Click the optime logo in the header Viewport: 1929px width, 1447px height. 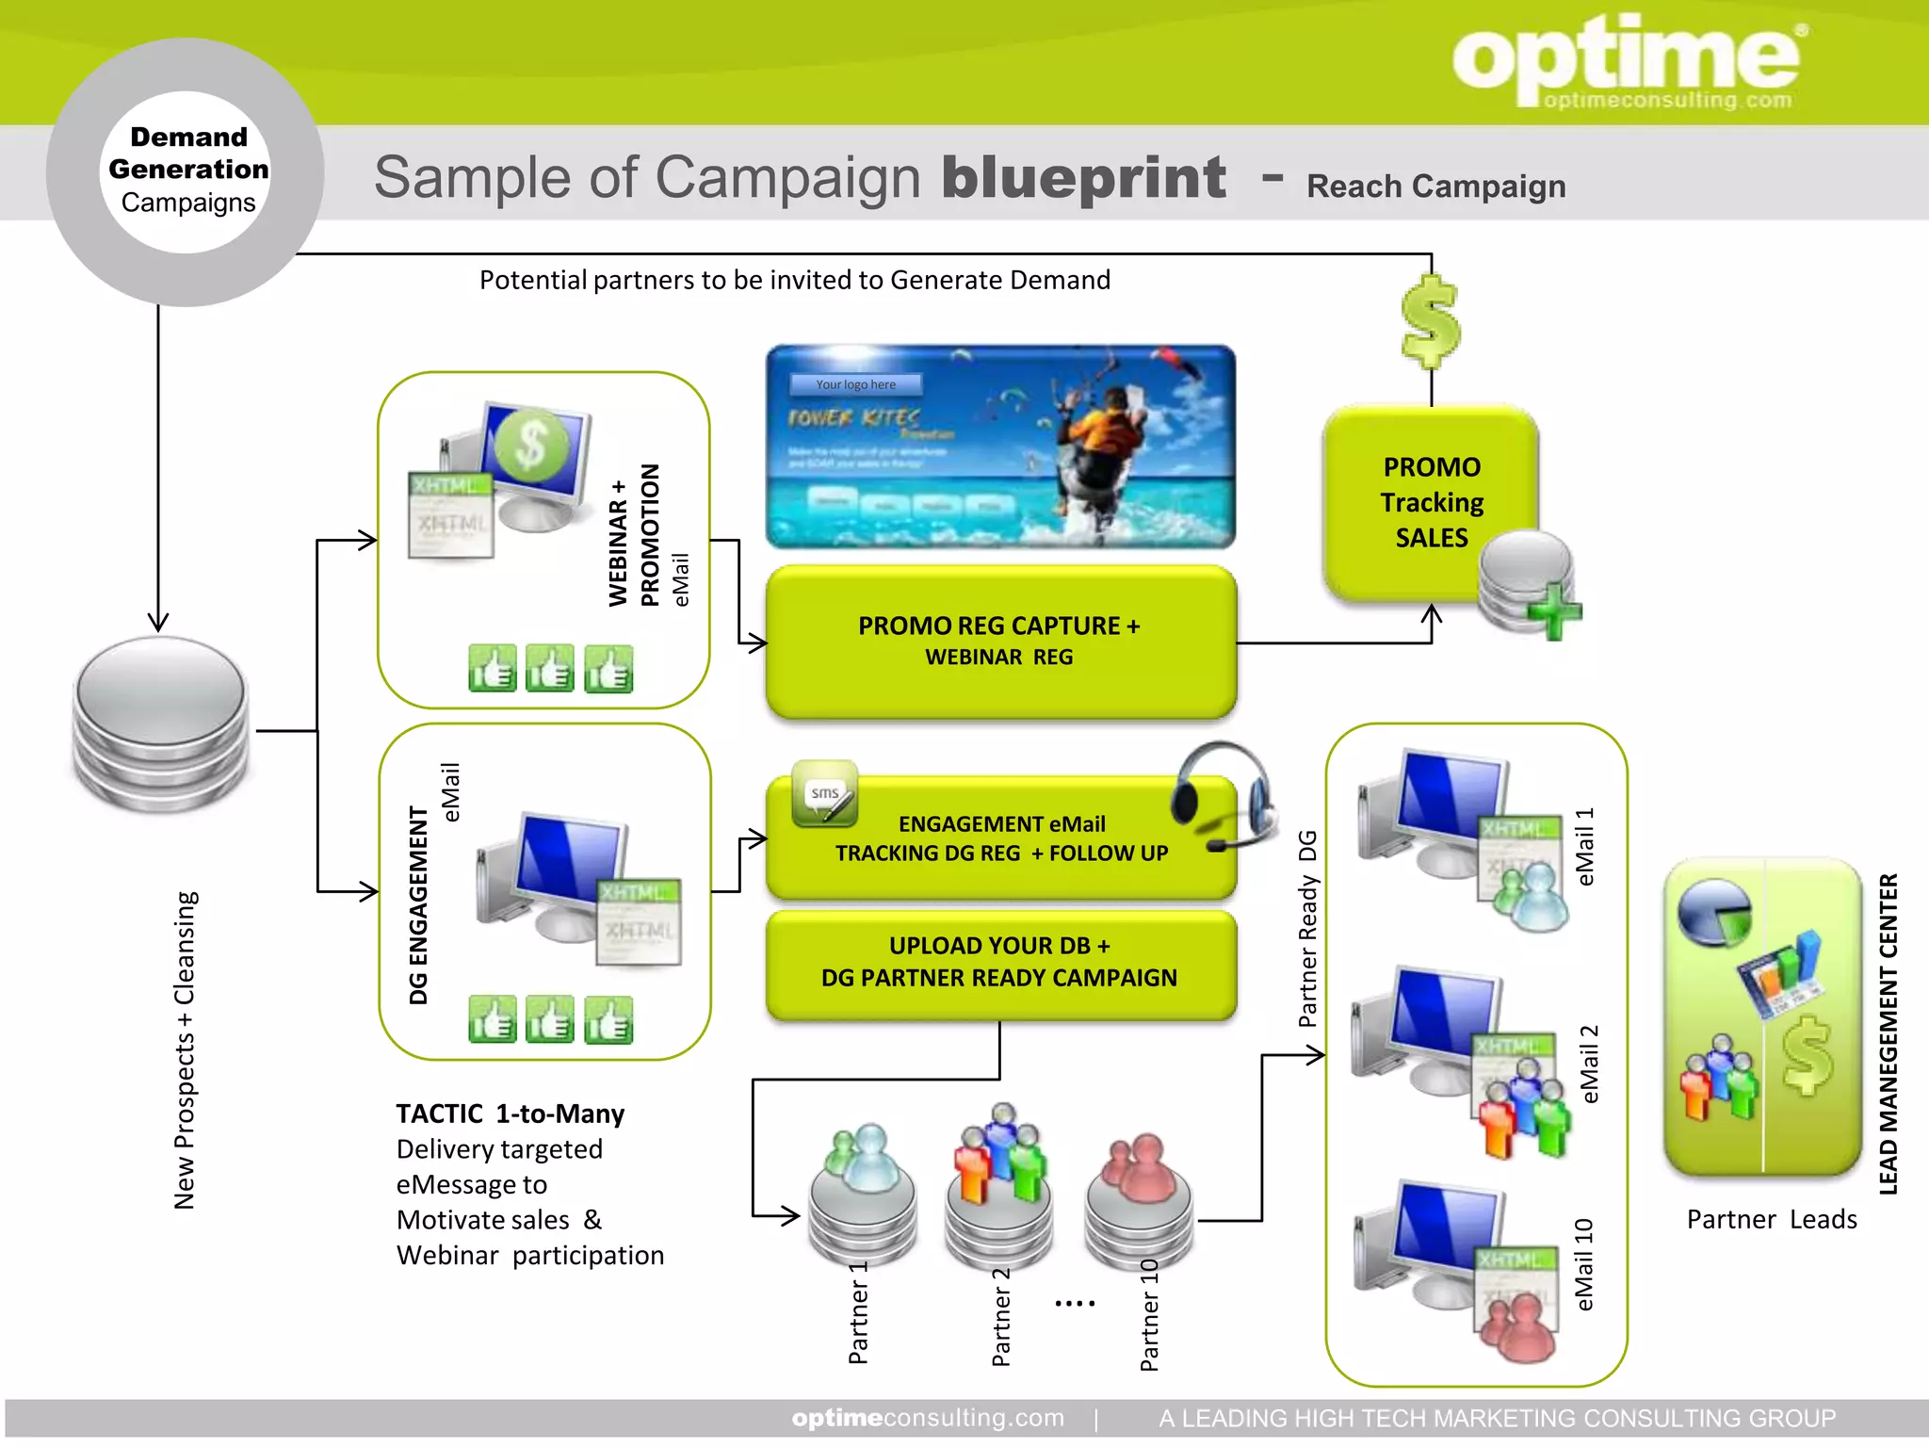point(1626,61)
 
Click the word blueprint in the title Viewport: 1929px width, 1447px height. point(1084,178)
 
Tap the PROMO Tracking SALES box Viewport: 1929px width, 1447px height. point(1431,502)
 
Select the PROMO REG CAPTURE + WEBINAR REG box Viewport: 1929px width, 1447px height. point(1000,642)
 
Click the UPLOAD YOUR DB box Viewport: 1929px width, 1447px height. point(1000,962)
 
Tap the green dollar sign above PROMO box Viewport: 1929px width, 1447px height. point(1430,321)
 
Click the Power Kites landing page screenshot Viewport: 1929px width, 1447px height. point(1000,447)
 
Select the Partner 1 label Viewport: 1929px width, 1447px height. point(858,1313)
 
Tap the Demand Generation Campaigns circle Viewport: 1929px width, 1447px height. point(186,171)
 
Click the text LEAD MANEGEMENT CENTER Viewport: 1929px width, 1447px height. point(1888,1033)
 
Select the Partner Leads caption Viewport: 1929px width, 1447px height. point(1771,1219)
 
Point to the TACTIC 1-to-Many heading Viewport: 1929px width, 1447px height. point(510,1114)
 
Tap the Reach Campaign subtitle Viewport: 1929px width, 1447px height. point(1435,187)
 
